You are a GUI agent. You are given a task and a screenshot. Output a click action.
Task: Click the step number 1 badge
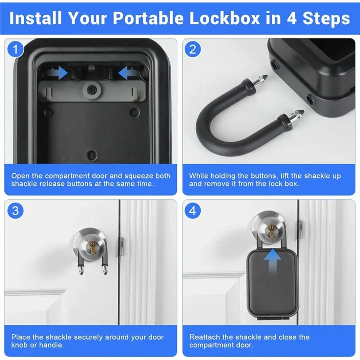point(15,49)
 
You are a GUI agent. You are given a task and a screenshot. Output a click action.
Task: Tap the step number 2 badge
point(193,49)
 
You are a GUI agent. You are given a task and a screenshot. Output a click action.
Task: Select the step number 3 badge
point(15,211)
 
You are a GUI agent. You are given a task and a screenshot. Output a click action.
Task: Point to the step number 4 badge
point(193,211)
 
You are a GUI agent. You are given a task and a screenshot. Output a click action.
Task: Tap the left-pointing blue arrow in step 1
point(128,73)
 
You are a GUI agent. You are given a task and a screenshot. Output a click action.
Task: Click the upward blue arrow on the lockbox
point(272,261)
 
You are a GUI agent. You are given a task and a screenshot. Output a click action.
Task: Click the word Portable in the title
point(148,18)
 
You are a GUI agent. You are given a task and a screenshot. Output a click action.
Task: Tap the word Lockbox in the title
point(225,18)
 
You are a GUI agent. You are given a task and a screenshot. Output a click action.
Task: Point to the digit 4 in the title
point(292,18)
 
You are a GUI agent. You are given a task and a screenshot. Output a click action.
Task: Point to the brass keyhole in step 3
point(93,247)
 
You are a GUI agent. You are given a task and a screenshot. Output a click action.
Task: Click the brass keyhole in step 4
point(271,231)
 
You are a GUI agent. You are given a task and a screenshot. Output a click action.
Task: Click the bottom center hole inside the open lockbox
point(92,155)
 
